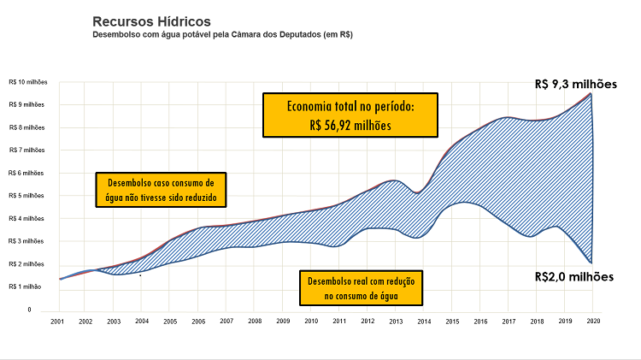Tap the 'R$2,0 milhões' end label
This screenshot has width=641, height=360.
coord(575,276)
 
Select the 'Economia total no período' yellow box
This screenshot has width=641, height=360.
coord(350,115)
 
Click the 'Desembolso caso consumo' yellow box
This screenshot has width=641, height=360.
coord(160,190)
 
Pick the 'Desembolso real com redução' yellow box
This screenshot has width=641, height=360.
coord(362,289)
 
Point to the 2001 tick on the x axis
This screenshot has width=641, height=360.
coord(57,321)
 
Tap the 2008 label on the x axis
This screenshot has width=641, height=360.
coord(254,321)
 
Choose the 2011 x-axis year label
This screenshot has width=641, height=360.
coord(338,321)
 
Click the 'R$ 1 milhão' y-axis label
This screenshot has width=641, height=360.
coord(25,287)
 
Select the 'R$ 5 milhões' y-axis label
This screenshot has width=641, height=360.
coord(26,196)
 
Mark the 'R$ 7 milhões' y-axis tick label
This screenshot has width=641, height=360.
coord(26,150)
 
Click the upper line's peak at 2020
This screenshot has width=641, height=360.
coord(591,93)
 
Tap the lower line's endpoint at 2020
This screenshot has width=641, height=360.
coord(591,263)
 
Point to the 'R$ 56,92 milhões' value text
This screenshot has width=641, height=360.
coord(350,125)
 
